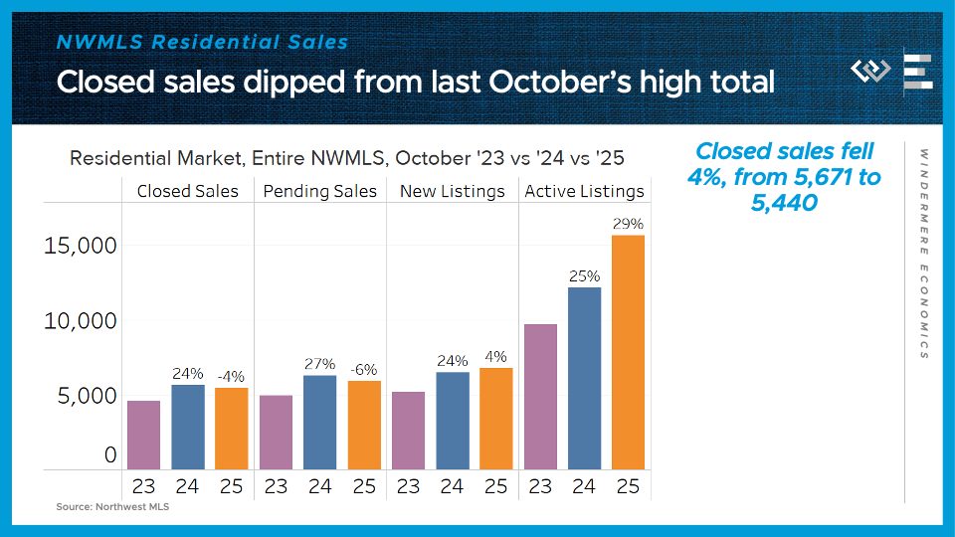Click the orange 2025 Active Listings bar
coord(628,352)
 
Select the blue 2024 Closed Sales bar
coord(188,427)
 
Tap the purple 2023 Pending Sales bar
coord(276,432)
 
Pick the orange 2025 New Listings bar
coord(495,419)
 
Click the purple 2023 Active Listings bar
coord(539,397)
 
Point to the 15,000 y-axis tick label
coord(80,246)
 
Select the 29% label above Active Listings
coord(628,225)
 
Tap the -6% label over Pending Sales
coord(363,369)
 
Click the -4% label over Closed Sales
coord(231,376)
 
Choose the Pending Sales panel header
coord(320,191)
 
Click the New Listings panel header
coord(452,191)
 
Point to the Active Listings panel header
coord(584,191)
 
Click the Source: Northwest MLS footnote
coord(106,507)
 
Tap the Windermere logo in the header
coord(870,72)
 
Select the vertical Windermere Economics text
coord(924,254)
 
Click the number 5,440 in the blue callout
coord(786,202)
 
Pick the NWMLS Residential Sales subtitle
coord(202,42)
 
